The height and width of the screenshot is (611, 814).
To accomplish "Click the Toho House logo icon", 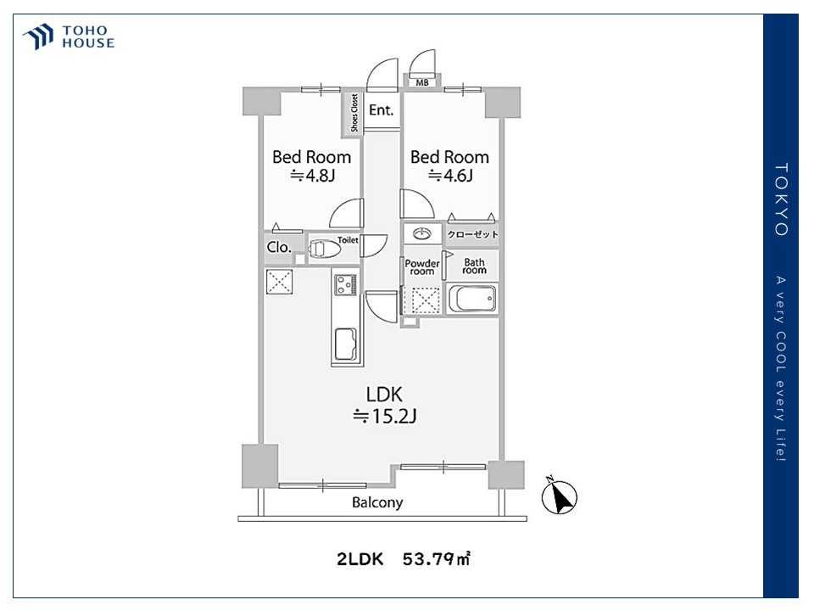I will point(39,37).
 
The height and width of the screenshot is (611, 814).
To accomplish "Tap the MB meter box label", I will point(421,82).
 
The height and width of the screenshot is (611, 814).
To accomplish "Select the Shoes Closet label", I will point(354,113).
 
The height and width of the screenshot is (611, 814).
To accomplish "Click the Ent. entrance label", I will point(381,110).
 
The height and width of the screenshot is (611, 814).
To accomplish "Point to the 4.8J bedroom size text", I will point(312,176).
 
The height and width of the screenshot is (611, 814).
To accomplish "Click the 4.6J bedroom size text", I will point(450,176).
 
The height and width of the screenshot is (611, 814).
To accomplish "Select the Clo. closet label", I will point(279,248).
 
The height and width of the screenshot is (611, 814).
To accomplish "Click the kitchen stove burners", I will point(346,285).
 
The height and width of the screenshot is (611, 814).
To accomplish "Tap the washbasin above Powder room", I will point(421,233).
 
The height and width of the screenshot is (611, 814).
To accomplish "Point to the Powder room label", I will point(421,267).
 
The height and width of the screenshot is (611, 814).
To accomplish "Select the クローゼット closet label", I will point(473,234).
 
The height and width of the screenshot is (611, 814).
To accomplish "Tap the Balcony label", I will point(377,502).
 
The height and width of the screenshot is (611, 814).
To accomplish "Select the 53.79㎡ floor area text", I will point(437,559).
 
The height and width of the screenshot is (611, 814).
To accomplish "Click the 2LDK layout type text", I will point(360,559).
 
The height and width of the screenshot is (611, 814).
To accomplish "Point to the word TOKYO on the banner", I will point(781,199).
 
